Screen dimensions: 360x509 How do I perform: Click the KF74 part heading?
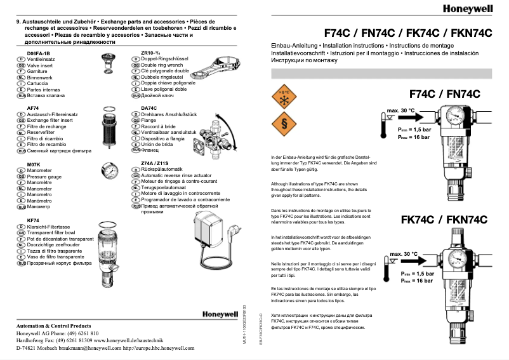pyautogui.click(x=32, y=220)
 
